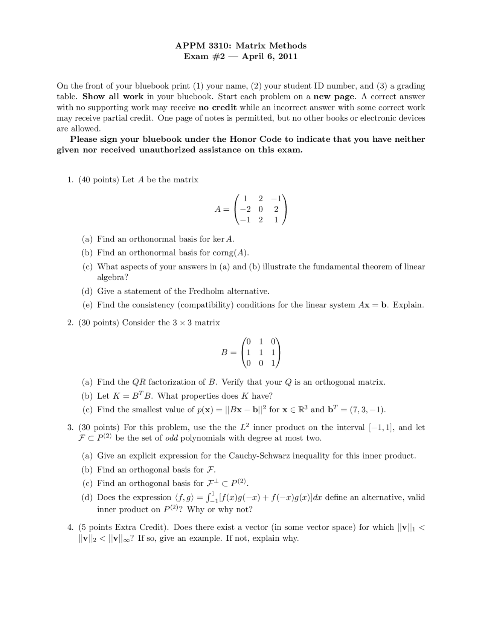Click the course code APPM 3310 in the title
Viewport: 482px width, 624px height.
tap(203, 46)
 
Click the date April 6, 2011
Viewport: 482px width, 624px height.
tap(269, 57)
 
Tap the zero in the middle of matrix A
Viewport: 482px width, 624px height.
tap(261, 209)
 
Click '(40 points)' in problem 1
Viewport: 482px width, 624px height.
tap(99, 180)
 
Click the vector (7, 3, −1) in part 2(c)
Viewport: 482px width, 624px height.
tap(367, 410)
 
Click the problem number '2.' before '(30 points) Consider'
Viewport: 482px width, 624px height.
tap(70, 323)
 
